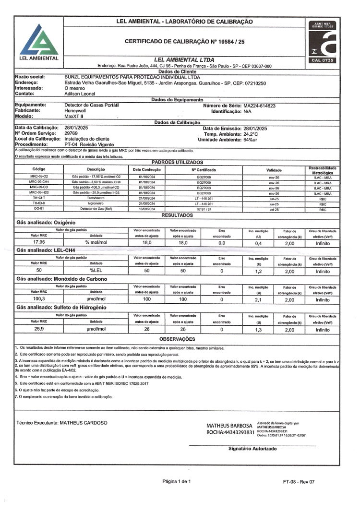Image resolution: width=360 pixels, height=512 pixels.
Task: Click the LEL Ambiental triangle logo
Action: (x=36, y=38)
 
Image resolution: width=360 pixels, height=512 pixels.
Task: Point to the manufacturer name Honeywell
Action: (x=76, y=110)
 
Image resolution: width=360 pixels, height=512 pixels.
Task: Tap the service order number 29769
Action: (x=71, y=133)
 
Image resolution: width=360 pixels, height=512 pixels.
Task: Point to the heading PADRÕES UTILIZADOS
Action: (x=177, y=162)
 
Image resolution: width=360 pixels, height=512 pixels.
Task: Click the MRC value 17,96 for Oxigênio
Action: (x=39, y=243)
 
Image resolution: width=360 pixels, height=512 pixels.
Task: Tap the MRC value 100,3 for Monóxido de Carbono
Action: (x=39, y=299)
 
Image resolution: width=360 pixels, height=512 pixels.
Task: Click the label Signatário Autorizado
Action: (x=252, y=449)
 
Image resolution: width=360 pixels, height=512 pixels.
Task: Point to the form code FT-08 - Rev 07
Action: (x=299, y=481)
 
